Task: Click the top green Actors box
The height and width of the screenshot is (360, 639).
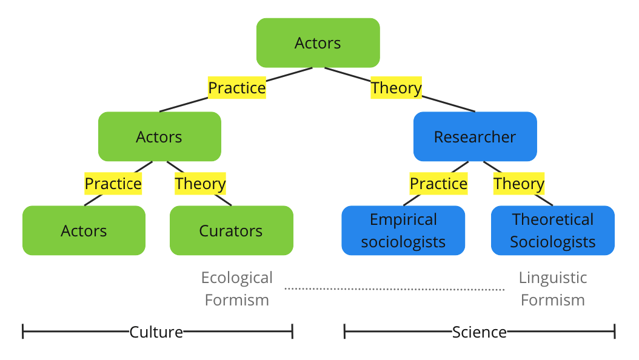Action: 318,43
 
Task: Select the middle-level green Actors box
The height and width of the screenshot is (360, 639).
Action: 159,137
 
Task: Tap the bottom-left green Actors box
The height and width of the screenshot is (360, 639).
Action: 84,231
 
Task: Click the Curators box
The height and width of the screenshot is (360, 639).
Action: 231,231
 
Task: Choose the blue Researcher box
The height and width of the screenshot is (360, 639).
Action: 475,137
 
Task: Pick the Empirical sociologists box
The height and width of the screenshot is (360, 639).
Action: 403,231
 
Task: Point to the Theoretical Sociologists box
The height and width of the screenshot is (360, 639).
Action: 552,231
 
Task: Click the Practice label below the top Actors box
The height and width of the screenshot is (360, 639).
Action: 237,88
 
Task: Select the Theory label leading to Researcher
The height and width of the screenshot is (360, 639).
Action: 396,88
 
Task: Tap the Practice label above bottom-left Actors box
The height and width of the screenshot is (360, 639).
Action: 113,184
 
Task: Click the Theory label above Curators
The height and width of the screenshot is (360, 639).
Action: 200,184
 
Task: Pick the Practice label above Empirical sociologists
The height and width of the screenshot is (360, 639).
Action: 438,184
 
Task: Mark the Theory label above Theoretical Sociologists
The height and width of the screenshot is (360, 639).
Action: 518,184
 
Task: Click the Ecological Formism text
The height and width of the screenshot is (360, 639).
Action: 237,288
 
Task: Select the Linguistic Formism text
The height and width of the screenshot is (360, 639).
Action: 552,288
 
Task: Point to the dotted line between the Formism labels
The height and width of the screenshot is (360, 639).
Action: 394,289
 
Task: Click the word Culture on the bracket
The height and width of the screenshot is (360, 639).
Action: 156,332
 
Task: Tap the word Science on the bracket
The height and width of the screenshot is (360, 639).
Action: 479,332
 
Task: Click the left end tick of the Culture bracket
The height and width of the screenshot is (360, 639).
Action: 23,332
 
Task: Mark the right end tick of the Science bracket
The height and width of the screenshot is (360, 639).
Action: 614,332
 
